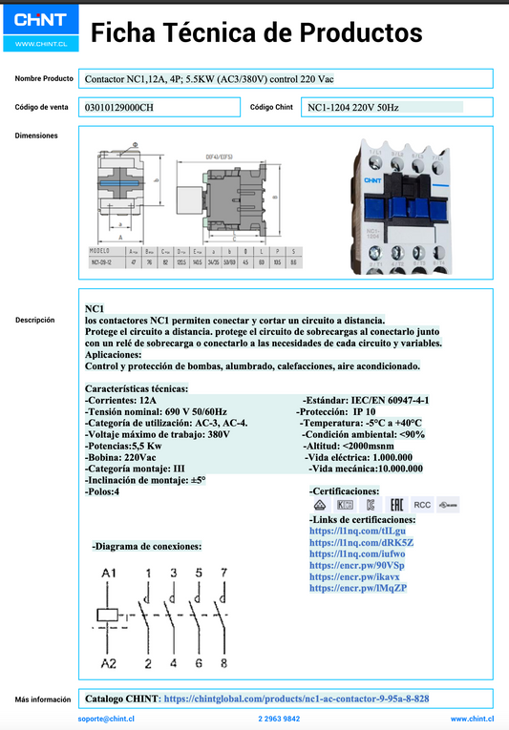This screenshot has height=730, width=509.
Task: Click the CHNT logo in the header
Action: (x=40, y=20)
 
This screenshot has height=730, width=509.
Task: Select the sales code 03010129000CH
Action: (x=119, y=108)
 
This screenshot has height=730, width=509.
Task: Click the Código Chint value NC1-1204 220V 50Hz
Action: (x=357, y=108)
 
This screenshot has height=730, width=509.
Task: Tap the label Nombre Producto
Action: (x=44, y=78)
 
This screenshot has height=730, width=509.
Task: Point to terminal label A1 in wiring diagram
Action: (x=109, y=573)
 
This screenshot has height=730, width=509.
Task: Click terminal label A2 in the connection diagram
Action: (x=109, y=662)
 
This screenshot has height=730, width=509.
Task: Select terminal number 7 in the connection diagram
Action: (x=223, y=573)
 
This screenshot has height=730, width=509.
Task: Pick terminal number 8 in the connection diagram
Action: (x=223, y=662)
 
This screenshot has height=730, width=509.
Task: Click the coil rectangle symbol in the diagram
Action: (x=108, y=617)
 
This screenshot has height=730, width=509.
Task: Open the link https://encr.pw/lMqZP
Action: (x=358, y=588)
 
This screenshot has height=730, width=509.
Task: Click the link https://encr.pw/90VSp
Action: (x=357, y=565)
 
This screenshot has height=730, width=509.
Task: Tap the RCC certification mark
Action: (x=421, y=504)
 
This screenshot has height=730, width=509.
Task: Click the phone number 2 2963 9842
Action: (x=279, y=719)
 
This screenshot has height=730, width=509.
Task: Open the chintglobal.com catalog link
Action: (x=296, y=699)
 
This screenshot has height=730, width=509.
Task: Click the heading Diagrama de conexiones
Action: (x=147, y=547)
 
